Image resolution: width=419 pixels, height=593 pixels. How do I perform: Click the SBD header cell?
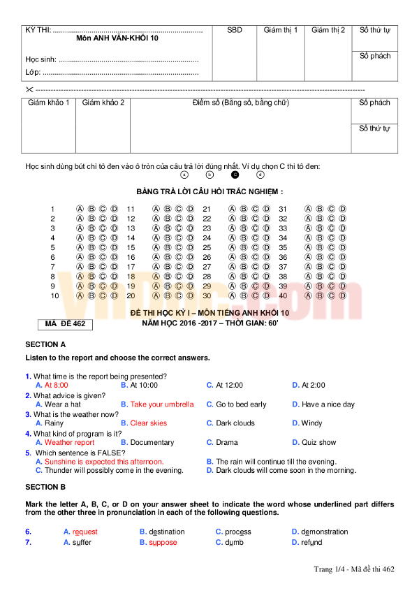tap(235, 30)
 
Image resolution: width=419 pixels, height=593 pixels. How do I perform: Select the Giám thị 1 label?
tap(281, 30)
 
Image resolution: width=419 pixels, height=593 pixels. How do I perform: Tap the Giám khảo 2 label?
tap(103, 103)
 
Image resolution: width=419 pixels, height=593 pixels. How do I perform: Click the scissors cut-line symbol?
tap(29, 89)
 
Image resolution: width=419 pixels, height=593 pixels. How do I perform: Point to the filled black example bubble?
tap(235, 175)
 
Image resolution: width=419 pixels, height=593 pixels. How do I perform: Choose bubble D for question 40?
tap(342, 295)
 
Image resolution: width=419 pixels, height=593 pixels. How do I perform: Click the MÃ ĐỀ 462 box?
tap(65, 324)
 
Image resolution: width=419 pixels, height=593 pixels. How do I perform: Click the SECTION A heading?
tap(45, 344)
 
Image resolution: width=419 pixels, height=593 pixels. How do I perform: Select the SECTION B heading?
tap(45, 487)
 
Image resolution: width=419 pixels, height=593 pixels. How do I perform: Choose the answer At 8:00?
tap(57, 385)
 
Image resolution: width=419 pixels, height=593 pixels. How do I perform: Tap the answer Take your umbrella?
tap(162, 404)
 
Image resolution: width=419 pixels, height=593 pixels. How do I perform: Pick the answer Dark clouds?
tap(235, 423)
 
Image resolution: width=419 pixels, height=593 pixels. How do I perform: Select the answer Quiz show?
tap(318, 442)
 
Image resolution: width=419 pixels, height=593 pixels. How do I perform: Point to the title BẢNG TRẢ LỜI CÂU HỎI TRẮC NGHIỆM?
tap(209, 191)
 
